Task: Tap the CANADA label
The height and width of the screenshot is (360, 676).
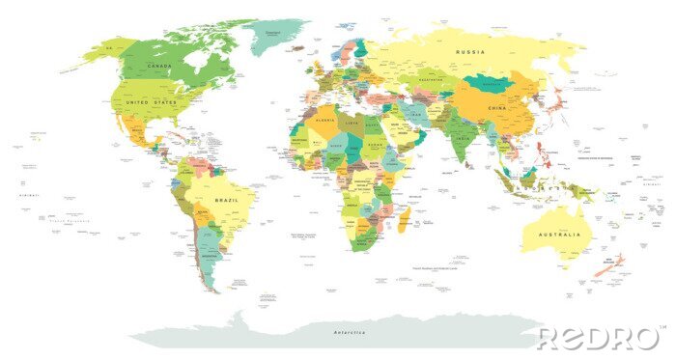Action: coord(159,66)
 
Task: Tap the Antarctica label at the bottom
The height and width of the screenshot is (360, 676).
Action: coord(350,332)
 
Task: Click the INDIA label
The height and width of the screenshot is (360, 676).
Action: coord(463,137)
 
